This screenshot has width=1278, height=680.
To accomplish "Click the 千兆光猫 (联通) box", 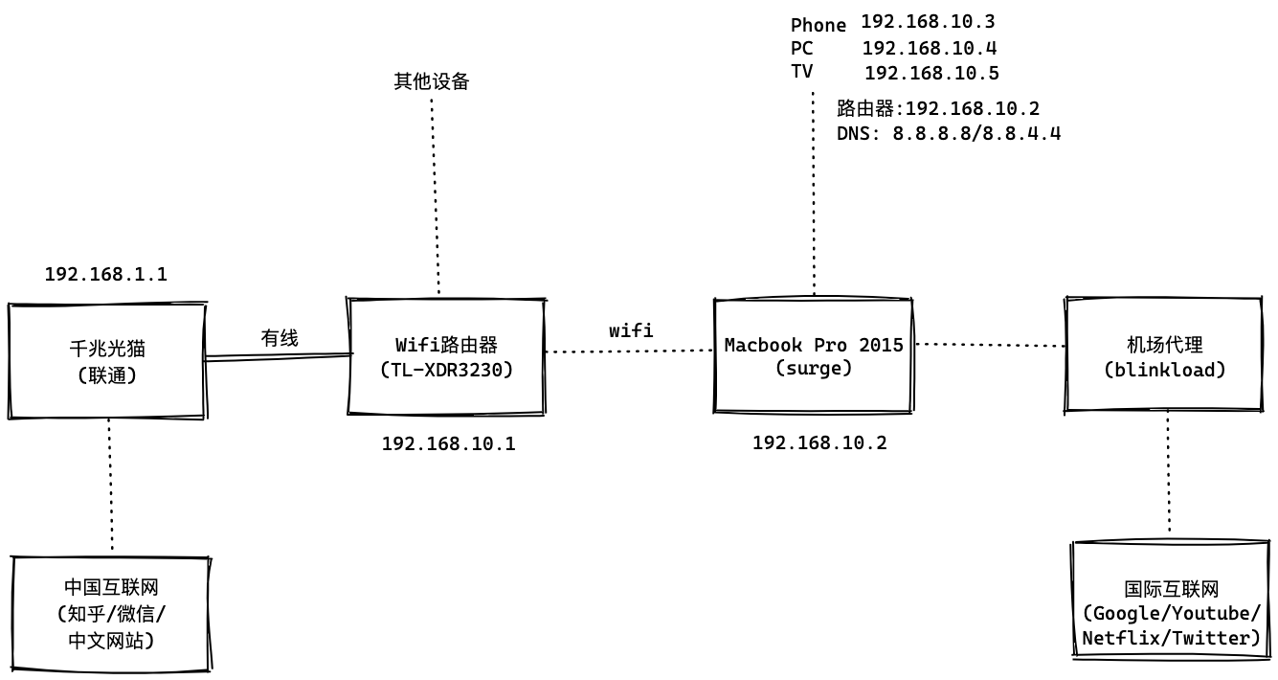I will [106, 361].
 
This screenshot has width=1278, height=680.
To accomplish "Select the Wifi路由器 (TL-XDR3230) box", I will [446, 356].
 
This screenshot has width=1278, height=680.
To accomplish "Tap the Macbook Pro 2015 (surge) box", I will [814, 355].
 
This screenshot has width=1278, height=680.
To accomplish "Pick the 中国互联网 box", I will [111, 613].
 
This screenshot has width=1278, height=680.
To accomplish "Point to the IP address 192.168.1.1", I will [106, 274].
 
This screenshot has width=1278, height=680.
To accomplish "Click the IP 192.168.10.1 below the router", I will [448, 443].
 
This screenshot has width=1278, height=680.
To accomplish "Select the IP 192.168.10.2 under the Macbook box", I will [819, 442].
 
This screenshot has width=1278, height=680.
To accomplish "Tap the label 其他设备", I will [432, 81].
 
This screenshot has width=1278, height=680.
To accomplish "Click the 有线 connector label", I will [280, 337].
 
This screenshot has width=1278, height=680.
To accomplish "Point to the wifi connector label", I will [631, 330].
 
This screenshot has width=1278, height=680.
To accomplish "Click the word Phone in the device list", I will [818, 25].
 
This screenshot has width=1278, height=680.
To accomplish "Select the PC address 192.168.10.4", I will [930, 47].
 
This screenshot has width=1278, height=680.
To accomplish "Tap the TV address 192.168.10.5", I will [931, 73].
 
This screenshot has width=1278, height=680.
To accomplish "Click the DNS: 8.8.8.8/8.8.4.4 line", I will [948, 133].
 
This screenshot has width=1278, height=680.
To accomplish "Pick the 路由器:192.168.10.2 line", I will [937, 108].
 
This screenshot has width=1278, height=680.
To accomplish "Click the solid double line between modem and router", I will [276, 356].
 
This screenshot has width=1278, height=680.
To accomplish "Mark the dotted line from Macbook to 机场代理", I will [990, 344].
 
